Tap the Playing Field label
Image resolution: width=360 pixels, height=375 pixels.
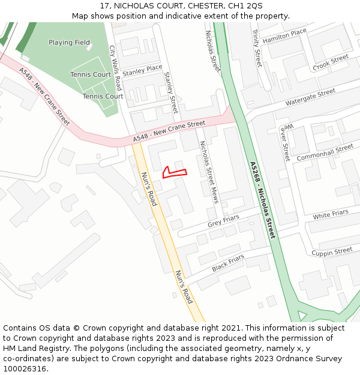(x=69, y=43)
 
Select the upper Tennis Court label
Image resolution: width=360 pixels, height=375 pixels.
(x=90, y=74)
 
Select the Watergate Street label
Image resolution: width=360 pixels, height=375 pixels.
(x=310, y=97)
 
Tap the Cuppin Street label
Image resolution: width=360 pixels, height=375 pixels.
(x=332, y=252)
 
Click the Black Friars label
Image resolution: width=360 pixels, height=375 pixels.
(x=228, y=263)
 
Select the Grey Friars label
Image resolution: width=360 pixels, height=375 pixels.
(x=223, y=221)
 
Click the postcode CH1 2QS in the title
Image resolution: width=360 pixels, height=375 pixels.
(x=245, y=5)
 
